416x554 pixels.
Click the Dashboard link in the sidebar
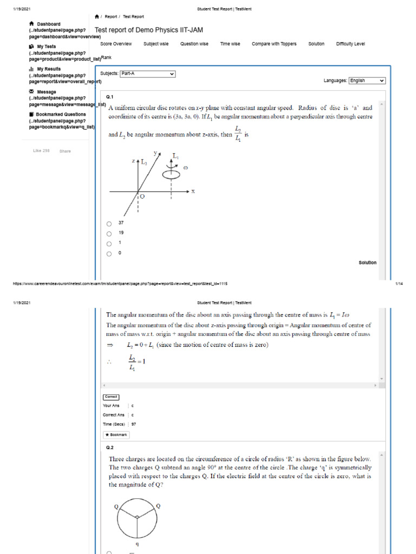pyautogui.click(x=48, y=24)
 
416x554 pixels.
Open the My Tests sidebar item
pyautogui.click(x=46, y=47)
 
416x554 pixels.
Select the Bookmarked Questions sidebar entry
pyautogui.click(x=60, y=115)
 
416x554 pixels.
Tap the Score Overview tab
pyautogui.click(x=116, y=44)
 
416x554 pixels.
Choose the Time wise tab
pyautogui.click(x=230, y=44)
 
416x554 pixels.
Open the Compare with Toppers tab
pyautogui.click(x=274, y=44)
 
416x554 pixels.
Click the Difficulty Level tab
pyautogui.click(x=350, y=44)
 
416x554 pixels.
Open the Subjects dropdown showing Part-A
pyautogui.click(x=148, y=74)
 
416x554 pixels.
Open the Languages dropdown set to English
pyautogui.click(x=367, y=81)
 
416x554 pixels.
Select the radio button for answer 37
pyautogui.click(x=109, y=223)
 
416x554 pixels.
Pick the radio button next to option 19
pyautogui.click(x=109, y=234)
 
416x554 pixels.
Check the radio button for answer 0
pyautogui.click(x=109, y=253)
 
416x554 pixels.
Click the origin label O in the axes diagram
pyautogui.click(x=142, y=197)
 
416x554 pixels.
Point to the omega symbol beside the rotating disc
pyautogui.click(x=186, y=168)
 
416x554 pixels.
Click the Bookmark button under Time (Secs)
pyautogui.click(x=116, y=434)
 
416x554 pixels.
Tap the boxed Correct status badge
pyautogui.click(x=111, y=397)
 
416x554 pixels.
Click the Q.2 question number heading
pyautogui.click(x=110, y=447)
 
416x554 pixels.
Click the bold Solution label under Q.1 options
pyautogui.click(x=367, y=263)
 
